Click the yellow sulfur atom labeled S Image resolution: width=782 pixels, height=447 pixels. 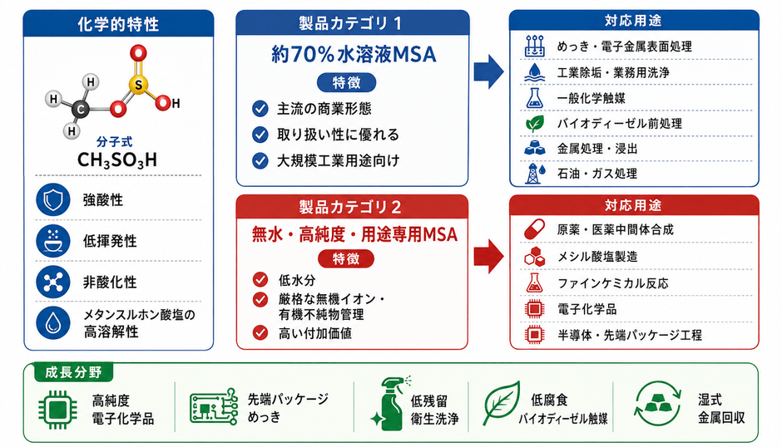[x=138, y=85]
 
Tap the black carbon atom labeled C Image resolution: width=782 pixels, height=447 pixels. [x=80, y=109]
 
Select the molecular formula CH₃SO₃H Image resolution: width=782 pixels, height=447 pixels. [x=117, y=160]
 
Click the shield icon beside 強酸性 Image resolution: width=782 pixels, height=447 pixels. [x=53, y=199]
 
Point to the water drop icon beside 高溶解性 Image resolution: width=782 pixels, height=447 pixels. [x=53, y=323]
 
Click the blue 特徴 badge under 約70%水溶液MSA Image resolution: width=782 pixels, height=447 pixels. [x=346, y=83]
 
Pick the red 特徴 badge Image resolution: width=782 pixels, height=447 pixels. [x=345, y=259]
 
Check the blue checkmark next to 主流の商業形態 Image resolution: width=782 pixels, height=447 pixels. [x=260, y=108]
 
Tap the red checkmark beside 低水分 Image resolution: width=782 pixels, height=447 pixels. [x=260, y=279]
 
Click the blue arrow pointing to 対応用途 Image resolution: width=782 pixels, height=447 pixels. [x=488, y=71]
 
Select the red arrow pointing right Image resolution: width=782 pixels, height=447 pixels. [x=488, y=257]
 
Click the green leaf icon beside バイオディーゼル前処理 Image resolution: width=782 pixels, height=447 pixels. [x=535, y=123]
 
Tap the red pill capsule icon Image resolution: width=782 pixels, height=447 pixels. [x=535, y=229]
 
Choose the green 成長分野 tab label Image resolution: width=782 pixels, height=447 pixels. [x=73, y=372]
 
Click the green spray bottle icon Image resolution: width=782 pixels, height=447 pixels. [x=391, y=404]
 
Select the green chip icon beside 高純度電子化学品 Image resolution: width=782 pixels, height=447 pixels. [x=57, y=410]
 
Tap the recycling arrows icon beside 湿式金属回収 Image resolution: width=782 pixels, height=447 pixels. [x=658, y=404]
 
